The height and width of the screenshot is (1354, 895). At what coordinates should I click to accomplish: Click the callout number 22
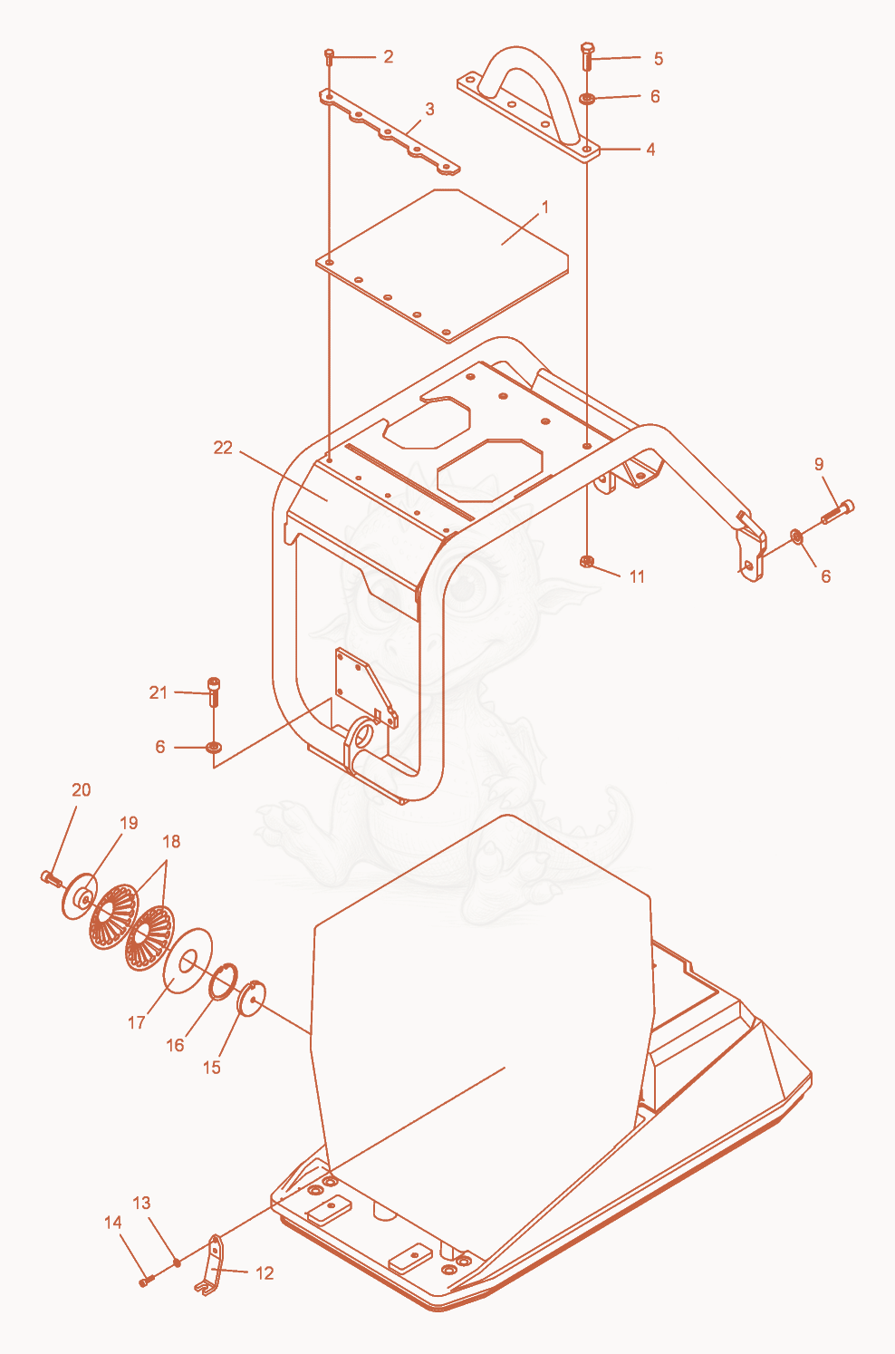pos(222,448)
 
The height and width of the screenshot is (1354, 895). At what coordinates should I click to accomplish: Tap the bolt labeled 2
pos(330,57)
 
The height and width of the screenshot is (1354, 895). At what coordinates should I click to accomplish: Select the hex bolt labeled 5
pos(587,55)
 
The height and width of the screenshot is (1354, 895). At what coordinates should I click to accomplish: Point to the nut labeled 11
pos(585,562)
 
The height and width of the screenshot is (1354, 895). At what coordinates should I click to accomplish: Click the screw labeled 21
pos(213,692)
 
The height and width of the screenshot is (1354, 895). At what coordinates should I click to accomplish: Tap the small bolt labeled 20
pos(50,878)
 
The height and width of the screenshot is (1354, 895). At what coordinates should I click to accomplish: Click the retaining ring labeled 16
pos(222,982)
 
